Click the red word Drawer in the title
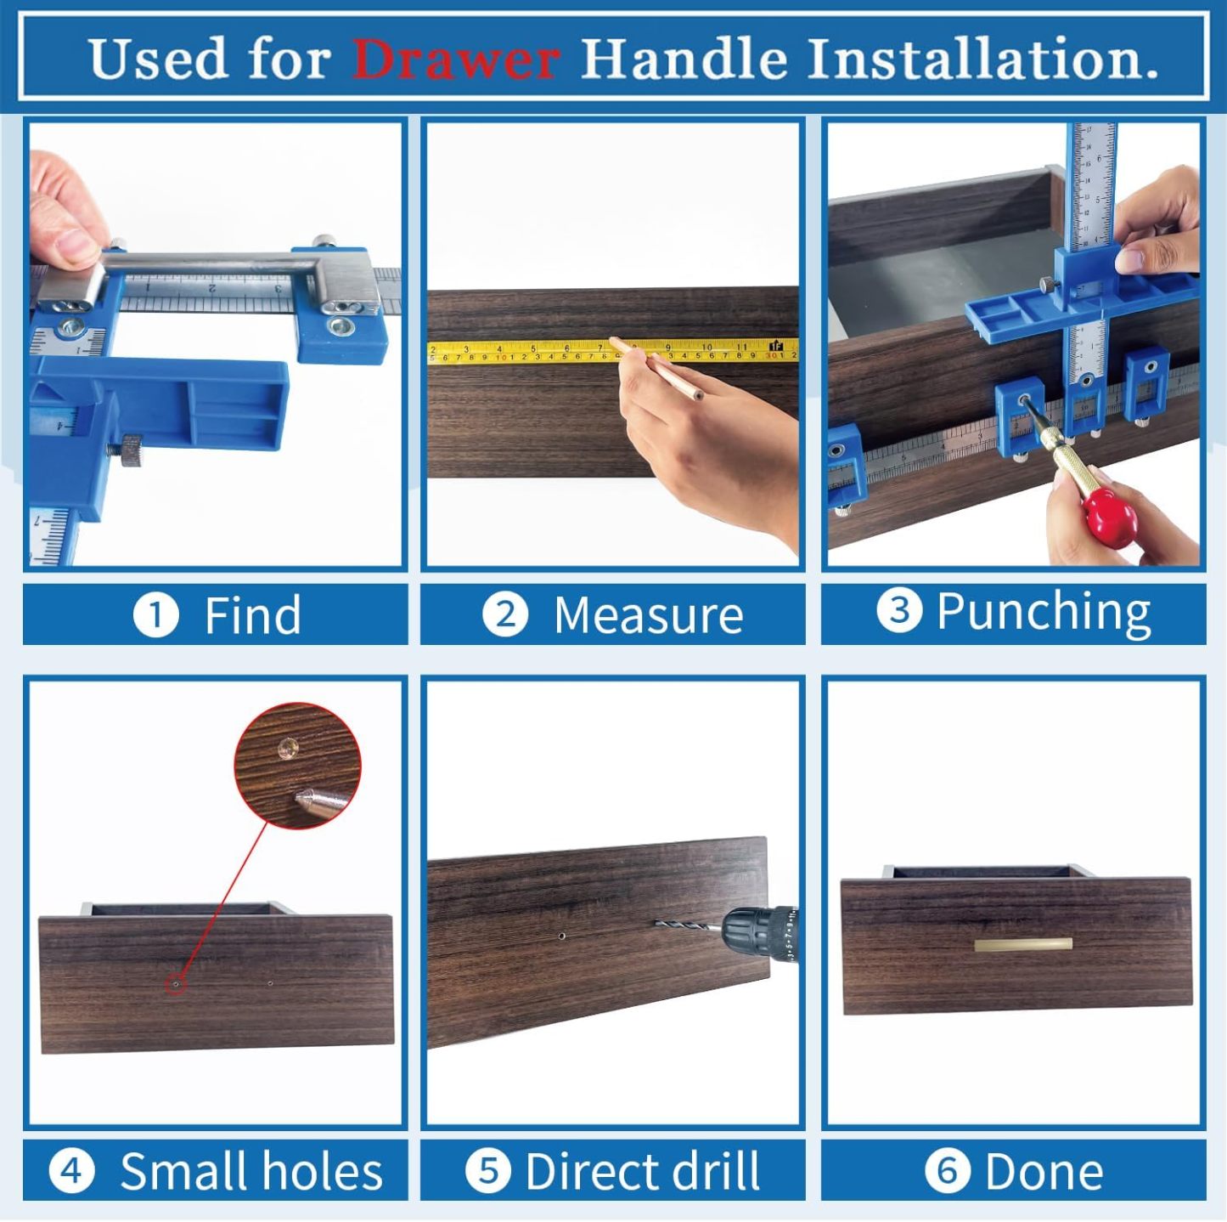[x=455, y=59]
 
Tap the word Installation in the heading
[x=982, y=59]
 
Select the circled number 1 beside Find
[x=155, y=614]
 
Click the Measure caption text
[x=648, y=614]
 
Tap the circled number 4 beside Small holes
[x=71, y=1171]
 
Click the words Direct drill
[x=642, y=1171]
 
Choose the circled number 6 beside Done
[x=947, y=1171]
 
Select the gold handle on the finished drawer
[x=1023, y=945]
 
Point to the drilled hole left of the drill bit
[x=561, y=936]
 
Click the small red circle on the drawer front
[x=175, y=985]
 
